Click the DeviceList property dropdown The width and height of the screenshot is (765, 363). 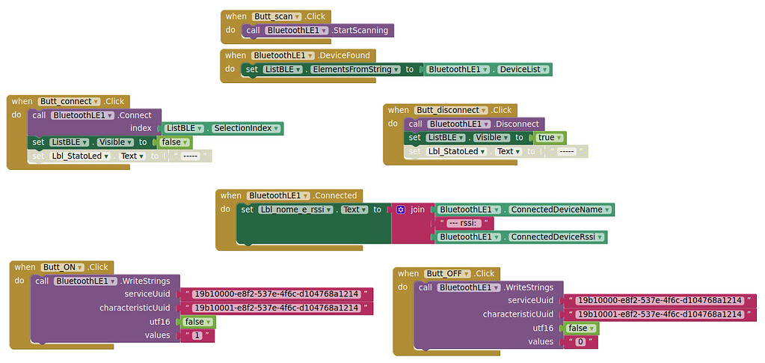tap(524, 70)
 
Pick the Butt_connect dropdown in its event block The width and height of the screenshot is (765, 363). tap(69, 102)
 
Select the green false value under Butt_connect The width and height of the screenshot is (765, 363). tap(174, 142)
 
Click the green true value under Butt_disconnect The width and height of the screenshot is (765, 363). tap(549, 138)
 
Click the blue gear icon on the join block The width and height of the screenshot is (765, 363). tap(401, 210)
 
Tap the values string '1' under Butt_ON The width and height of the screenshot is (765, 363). tap(197, 336)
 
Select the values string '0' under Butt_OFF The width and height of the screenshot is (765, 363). tap(581, 342)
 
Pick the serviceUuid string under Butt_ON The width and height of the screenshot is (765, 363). tap(276, 295)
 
